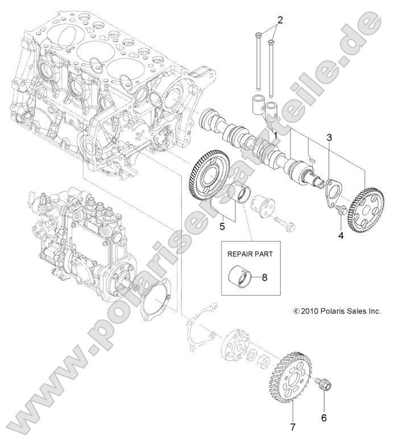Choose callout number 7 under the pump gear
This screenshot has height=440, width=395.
pos(292,425)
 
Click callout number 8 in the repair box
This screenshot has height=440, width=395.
pos(263,278)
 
